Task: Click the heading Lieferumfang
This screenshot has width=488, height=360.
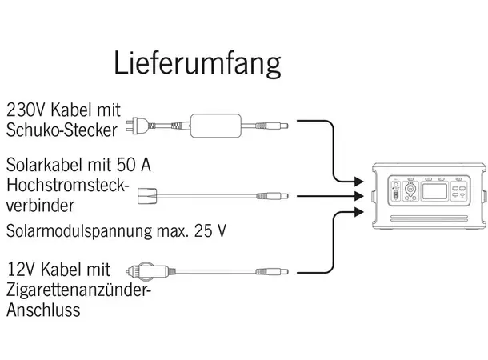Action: pos(198,62)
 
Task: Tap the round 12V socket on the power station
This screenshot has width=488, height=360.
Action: pos(408,189)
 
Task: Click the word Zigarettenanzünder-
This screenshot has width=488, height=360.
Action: pos(78,290)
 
